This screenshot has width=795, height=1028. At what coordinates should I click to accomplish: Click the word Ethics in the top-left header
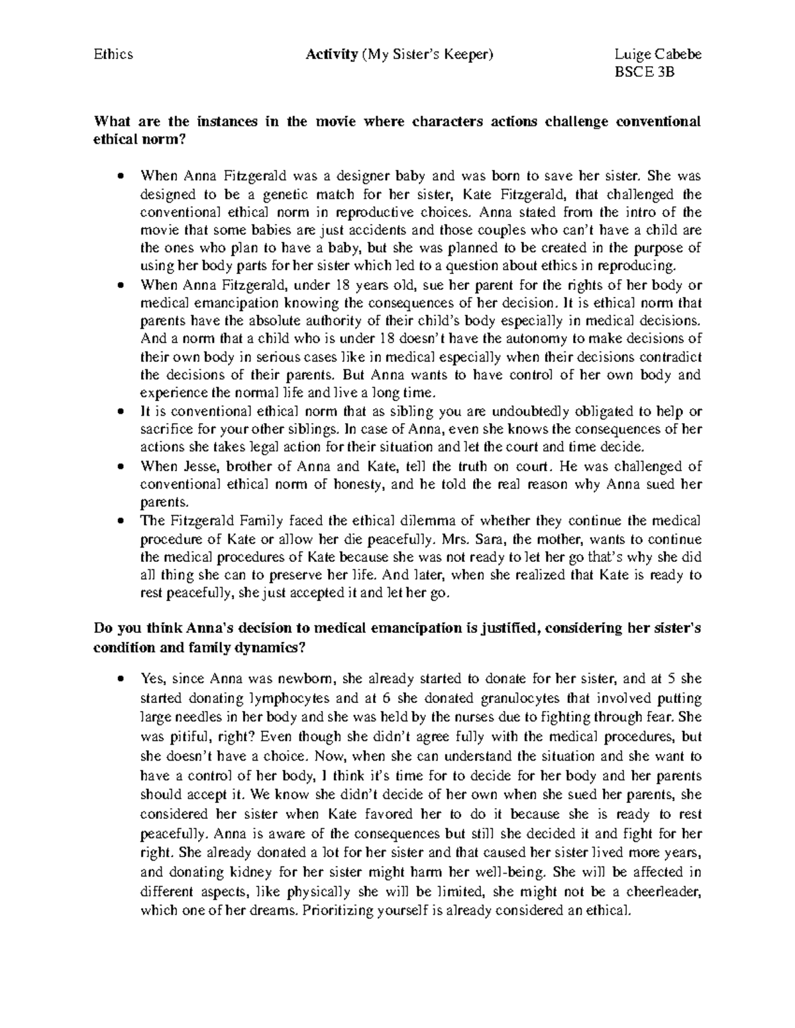tap(114, 54)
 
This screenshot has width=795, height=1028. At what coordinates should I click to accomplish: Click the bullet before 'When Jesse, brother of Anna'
tap(120, 466)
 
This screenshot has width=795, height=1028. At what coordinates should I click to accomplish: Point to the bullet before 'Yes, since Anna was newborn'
tap(120, 679)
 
